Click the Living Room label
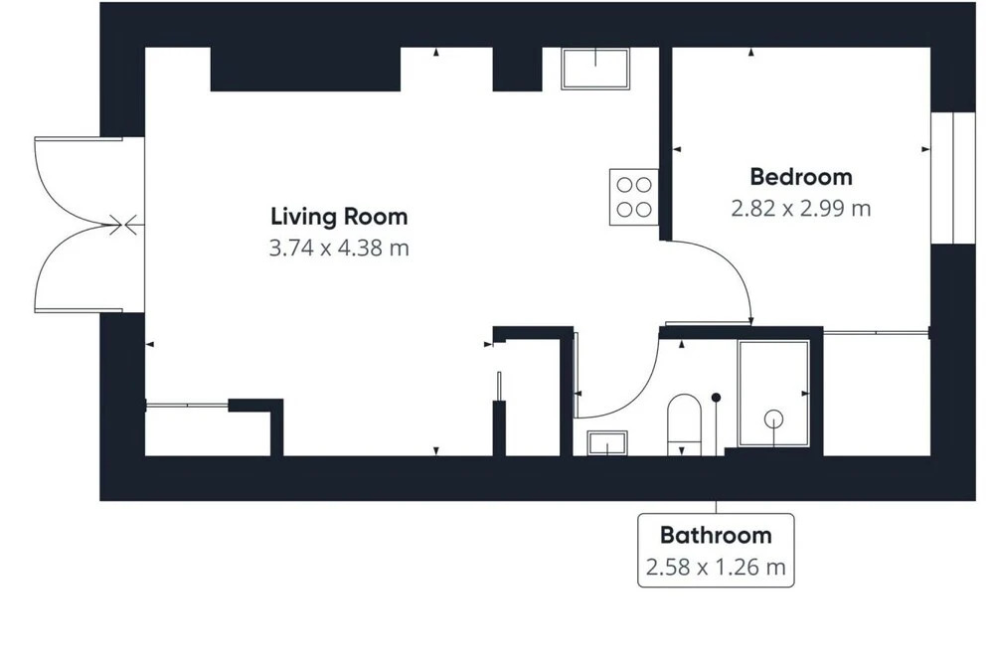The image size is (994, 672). coord(339,217)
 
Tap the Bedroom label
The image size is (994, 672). coord(801,177)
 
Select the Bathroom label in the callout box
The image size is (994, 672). coord(716,535)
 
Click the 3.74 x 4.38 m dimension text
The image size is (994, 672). coord(339,248)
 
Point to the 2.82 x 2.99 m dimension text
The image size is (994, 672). coord(801,209)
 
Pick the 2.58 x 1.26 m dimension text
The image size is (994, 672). coord(716,567)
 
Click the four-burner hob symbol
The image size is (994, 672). coord(634,197)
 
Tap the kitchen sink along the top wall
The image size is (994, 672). coord(595,68)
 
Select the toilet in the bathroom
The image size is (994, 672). coord(684,424)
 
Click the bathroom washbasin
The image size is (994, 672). coord(607,443)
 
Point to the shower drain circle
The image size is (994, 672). coord(773,420)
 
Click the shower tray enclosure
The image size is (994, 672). coord(773,394)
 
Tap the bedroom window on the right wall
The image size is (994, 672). coord(953,178)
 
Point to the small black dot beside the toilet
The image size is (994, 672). coord(717,398)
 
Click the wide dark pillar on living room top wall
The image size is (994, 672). coord(305,70)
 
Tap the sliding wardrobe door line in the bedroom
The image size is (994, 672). coord(877,332)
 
